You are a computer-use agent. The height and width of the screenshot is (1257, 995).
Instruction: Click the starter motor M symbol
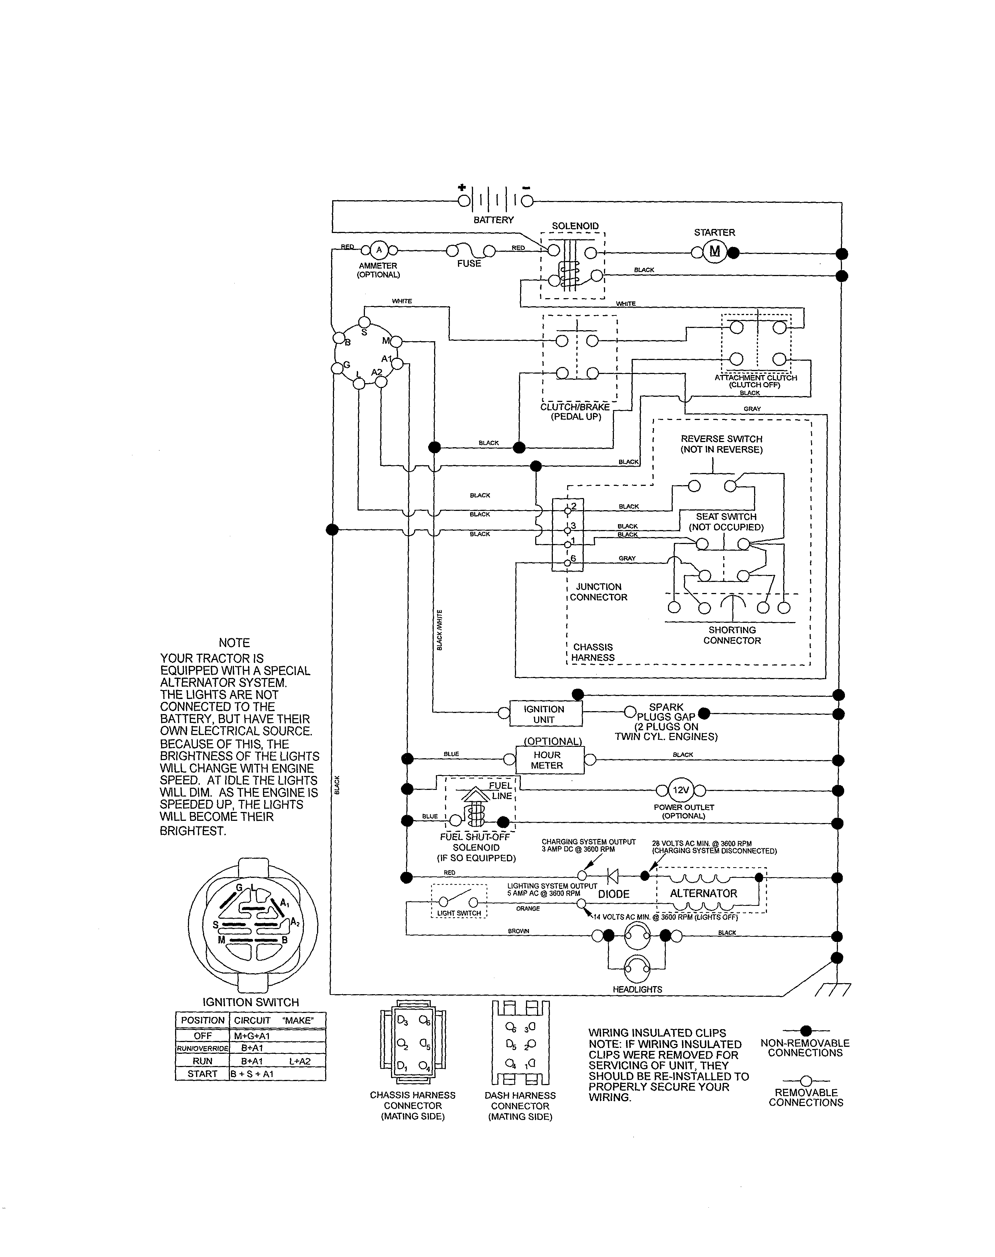[715, 252]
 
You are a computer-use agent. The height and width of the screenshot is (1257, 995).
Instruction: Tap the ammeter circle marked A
[379, 250]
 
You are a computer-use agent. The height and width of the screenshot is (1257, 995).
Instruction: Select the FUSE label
[469, 264]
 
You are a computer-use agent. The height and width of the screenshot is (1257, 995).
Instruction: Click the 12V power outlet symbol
[681, 791]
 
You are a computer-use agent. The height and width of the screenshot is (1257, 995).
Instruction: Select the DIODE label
[614, 894]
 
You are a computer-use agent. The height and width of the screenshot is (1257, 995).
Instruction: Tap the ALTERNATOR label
[703, 893]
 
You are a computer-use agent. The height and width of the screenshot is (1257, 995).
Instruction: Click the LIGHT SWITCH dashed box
[459, 901]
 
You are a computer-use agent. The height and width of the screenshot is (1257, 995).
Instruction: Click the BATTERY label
[493, 220]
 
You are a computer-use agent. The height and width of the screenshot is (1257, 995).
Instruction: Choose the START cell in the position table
[202, 1074]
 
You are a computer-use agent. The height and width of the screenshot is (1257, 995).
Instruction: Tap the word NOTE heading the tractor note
[234, 643]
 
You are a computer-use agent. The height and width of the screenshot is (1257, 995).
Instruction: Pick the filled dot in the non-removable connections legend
[806, 1031]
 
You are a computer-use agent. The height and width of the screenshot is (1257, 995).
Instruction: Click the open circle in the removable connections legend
[806, 1081]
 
